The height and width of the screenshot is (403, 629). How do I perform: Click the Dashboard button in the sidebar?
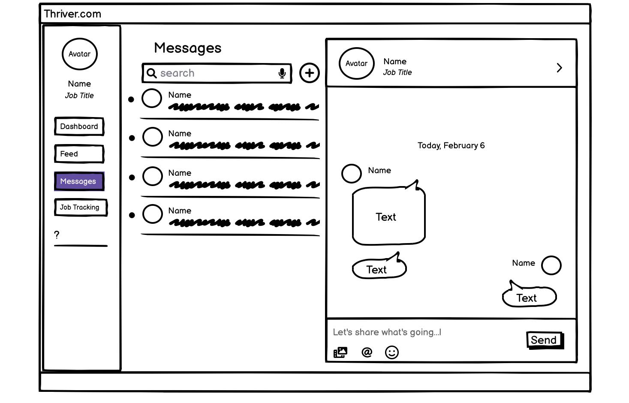pos(79,126)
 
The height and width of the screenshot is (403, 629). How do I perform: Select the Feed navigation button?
pos(79,154)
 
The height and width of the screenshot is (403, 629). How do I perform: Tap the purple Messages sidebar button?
pos(79,181)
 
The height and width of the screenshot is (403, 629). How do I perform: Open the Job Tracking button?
pos(80,208)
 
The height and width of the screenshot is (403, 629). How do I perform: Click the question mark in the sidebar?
pos(57,235)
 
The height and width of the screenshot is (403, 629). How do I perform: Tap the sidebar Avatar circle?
pos(80,54)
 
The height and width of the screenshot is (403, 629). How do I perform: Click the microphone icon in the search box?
pos(282,73)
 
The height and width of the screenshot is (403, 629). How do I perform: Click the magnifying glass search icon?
pos(151,73)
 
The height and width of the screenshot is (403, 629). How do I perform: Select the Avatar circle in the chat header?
pos(356,63)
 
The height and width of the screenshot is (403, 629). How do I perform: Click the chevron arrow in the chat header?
pos(559,68)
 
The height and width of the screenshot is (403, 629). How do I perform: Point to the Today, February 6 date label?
pos(451,146)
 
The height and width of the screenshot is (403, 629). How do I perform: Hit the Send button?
pos(544,340)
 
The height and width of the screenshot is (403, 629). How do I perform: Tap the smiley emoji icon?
pos(391,352)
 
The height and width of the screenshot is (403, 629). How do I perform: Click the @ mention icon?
pos(367,352)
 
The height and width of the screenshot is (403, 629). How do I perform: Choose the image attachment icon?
pos(340,352)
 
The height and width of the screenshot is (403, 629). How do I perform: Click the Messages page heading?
pos(188,48)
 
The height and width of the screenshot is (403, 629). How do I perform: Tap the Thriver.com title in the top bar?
pos(72,14)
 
